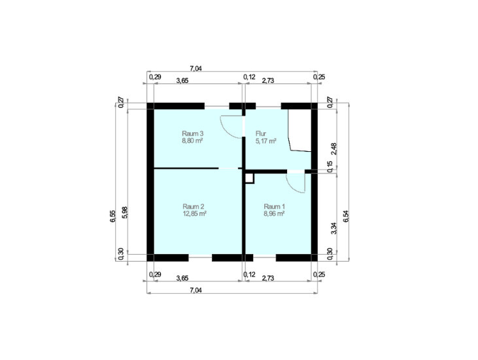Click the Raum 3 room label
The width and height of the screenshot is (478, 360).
pos(193,134)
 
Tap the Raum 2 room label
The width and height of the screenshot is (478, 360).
pos(194,206)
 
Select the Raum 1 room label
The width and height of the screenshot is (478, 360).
pos(275,206)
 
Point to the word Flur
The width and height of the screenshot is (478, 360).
pos(261,134)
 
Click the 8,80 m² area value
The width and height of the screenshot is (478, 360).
pos(193,141)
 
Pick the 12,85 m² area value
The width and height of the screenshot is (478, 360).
pos(194,213)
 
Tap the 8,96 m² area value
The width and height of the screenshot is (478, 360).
pos(275,213)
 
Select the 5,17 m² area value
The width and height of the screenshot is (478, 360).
pos(266,141)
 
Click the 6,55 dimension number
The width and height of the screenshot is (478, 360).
pos(113,216)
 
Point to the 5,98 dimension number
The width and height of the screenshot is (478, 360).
pos(125,213)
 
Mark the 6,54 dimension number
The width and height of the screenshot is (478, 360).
pos(345,216)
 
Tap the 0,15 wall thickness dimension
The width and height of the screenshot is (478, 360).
pos(330,167)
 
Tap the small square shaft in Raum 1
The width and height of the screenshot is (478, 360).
pos(249,178)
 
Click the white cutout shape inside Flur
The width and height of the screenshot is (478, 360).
pos(299,130)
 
